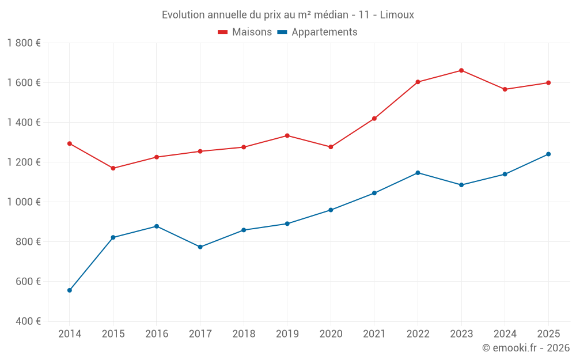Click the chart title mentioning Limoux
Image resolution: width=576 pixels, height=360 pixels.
click(287, 14)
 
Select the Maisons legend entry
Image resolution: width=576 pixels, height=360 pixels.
click(245, 32)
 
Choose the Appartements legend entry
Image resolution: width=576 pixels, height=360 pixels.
click(317, 32)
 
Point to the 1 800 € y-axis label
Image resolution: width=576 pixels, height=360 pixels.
click(24, 43)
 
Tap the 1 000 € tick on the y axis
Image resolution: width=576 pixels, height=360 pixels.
click(24, 202)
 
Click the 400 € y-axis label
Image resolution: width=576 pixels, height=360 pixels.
click(28, 321)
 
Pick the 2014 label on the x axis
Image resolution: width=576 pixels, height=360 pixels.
click(70, 334)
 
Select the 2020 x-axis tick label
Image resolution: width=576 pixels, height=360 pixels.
click(331, 334)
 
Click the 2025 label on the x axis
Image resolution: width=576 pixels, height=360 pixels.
click(548, 334)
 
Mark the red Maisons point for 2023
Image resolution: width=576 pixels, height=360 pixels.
click(461, 70)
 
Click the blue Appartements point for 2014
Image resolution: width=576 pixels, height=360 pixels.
click(70, 290)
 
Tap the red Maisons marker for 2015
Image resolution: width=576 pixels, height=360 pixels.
click(113, 168)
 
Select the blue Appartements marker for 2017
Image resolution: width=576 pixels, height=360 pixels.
click(200, 247)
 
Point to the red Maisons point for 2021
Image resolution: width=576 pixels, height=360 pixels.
click(374, 119)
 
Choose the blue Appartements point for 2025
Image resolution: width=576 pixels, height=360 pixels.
click(548, 154)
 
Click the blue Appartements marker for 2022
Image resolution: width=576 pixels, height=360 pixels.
click(418, 173)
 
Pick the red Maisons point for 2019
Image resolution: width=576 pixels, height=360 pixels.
click(287, 135)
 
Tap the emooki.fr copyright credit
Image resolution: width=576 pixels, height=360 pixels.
click(526, 348)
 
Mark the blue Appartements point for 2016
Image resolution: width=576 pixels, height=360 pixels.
click(157, 226)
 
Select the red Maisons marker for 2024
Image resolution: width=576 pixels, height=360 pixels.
click(505, 89)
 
